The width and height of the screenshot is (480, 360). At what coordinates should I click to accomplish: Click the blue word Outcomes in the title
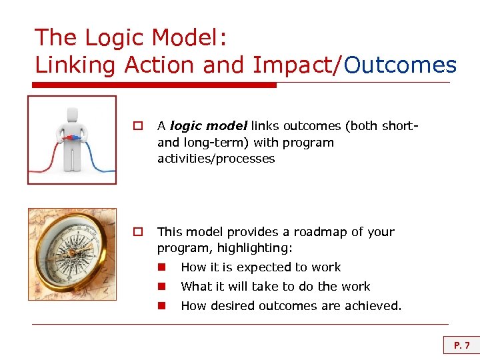tap(401, 65)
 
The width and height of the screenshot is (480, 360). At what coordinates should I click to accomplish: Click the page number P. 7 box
tap(461, 345)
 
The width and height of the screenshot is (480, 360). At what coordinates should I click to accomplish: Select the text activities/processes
tap(216, 159)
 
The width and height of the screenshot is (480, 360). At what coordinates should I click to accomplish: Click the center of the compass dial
tap(71, 255)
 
